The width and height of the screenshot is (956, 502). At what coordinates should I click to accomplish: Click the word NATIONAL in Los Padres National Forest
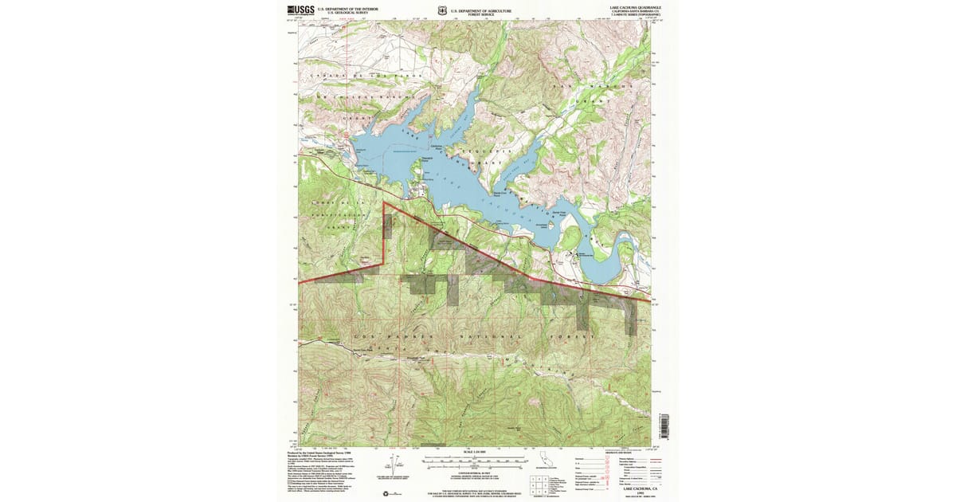click(484, 338)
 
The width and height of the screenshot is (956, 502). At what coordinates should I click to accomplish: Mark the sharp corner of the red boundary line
click(384, 203)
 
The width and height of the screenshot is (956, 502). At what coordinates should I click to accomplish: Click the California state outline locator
click(545, 462)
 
